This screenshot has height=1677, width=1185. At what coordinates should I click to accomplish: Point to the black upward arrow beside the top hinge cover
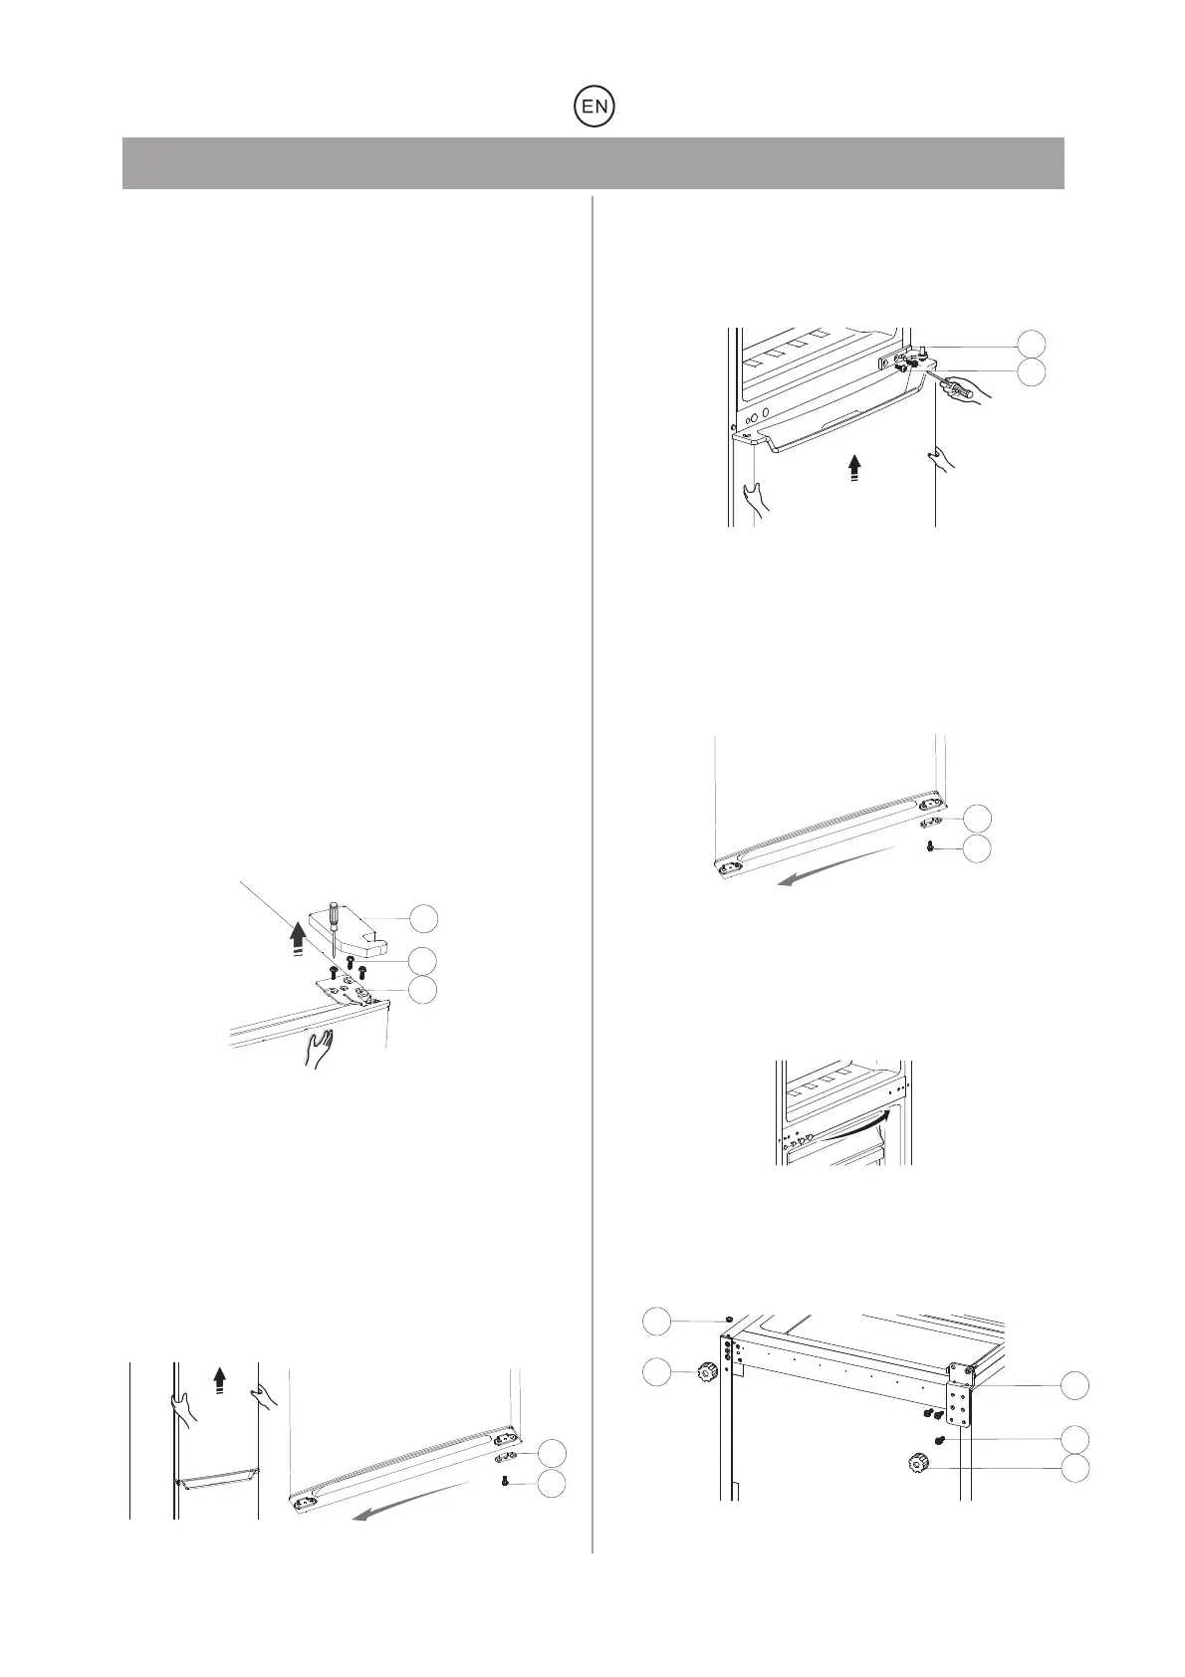click(296, 937)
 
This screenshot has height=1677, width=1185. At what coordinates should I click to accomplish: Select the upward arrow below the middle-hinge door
click(853, 468)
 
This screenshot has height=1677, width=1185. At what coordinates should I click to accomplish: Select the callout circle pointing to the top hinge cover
click(424, 917)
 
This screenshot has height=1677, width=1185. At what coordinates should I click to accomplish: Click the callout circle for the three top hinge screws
click(424, 960)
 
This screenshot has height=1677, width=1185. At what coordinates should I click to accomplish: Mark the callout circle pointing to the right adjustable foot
click(1073, 1467)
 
